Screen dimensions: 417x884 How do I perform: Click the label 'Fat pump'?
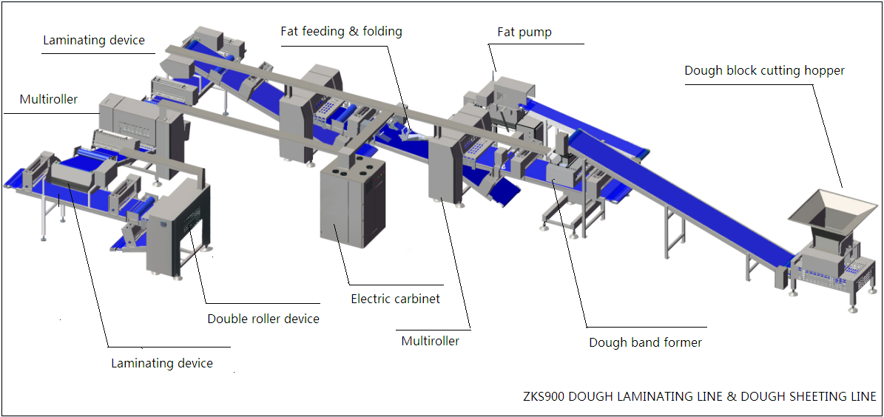point(524,33)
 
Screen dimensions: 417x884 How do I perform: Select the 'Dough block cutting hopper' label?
point(764,71)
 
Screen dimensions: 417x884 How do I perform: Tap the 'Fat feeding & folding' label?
point(341,31)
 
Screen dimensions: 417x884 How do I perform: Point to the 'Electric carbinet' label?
point(395,299)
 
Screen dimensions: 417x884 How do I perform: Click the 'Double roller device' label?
point(263,319)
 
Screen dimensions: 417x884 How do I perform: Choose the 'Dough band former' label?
point(645,342)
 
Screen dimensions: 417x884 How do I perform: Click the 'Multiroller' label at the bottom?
point(430,341)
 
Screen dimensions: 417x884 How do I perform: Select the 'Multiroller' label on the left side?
point(49,99)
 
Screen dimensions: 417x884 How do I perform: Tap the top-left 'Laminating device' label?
point(94,40)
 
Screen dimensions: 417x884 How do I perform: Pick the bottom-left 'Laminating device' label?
point(162,363)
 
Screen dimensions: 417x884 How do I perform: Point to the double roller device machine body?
point(177,229)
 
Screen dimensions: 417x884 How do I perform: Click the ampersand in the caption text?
point(731,397)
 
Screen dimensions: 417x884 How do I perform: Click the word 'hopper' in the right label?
point(824,71)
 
